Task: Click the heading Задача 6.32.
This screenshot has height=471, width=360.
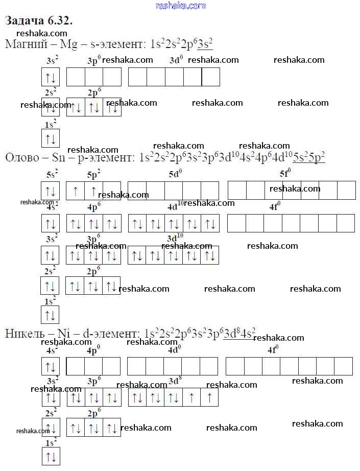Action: point(39,21)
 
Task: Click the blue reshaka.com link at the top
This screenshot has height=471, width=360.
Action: point(180,6)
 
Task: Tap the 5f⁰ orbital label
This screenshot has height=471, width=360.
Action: point(285,174)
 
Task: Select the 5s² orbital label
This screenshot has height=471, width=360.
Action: point(52,174)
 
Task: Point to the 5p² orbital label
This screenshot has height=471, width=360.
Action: point(93,174)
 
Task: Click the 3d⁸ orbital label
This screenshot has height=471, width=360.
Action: point(176,381)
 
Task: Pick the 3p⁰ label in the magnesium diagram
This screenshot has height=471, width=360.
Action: point(94,61)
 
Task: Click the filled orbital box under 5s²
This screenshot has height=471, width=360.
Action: point(51,191)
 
